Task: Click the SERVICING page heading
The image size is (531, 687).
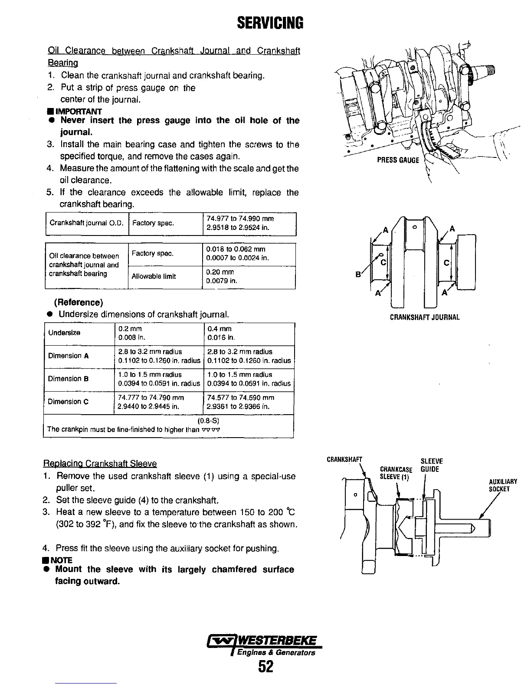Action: tap(265, 22)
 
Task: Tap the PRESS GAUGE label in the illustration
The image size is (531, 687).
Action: tap(398, 160)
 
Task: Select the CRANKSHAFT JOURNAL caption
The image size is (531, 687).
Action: tap(424, 317)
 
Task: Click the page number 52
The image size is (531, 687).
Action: tap(265, 666)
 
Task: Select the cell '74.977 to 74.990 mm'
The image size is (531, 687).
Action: tap(240, 219)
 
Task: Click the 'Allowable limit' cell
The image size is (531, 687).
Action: tap(154, 277)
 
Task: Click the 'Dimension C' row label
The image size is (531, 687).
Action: tap(68, 402)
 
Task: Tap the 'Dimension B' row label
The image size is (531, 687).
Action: tap(68, 379)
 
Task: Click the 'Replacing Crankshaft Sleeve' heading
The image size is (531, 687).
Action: tap(100, 464)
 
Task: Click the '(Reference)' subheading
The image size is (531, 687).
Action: tap(79, 302)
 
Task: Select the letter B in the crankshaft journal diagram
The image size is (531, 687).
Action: tap(358, 274)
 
